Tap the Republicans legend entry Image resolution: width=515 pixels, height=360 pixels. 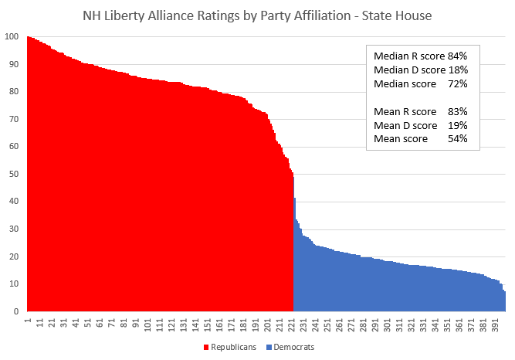pos(230,347)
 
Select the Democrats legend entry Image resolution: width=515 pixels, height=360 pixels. pos(290,347)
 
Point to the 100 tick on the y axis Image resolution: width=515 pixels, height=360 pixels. pos(12,36)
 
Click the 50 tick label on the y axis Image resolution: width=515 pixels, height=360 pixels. pos(14,174)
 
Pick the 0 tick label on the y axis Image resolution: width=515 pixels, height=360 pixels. pos(16,311)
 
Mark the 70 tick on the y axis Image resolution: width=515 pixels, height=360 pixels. pos(14,119)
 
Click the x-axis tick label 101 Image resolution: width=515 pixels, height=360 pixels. pos(147,324)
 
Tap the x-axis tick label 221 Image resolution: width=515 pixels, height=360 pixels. pos(291,324)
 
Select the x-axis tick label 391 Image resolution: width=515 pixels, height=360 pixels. pos(495,324)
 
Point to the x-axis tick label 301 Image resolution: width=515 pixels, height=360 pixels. pos(388,324)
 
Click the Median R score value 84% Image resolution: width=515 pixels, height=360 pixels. pos(457,56)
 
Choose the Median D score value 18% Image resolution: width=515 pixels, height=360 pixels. pos(458,70)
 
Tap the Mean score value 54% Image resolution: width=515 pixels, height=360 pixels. pos(458,139)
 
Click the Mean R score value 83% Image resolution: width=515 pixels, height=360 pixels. pos(458,112)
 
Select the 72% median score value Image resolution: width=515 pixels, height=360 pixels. pos(458,84)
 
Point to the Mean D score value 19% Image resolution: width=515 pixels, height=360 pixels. pos(458,126)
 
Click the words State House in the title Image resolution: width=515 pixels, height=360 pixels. pos(397,15)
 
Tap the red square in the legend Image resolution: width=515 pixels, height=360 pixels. pos(206,348)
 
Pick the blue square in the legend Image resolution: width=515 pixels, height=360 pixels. pos(269,348)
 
